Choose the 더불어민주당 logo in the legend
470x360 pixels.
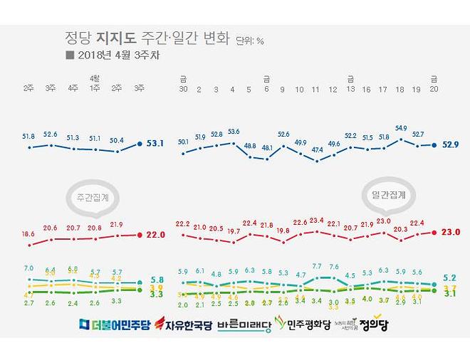click(115, 324)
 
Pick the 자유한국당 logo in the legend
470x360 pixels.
click(184, 324)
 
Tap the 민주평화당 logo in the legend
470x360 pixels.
click(304, 324)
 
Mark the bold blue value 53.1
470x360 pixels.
click(155, 143)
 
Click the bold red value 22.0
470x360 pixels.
click(155, 235)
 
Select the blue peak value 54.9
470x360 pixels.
click(400, 129)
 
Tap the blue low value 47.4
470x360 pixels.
click(318, 150)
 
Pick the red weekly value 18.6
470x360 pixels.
click(28, 233)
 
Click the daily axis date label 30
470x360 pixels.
click(184, 89)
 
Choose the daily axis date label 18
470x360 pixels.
click(399, 89)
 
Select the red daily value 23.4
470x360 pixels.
click(317, 220)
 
